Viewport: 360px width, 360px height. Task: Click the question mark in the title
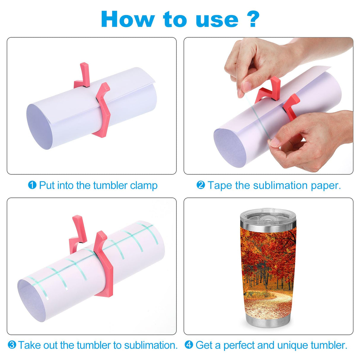pos(253,19)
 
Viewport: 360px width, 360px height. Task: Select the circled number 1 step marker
pos(32,185)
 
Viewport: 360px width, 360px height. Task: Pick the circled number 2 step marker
pos(201,185)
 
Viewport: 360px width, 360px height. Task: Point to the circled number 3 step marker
pos(12,345)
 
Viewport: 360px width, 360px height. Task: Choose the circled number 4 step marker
pos(189,345)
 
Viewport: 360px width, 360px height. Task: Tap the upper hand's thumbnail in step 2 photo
pos(246,85)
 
